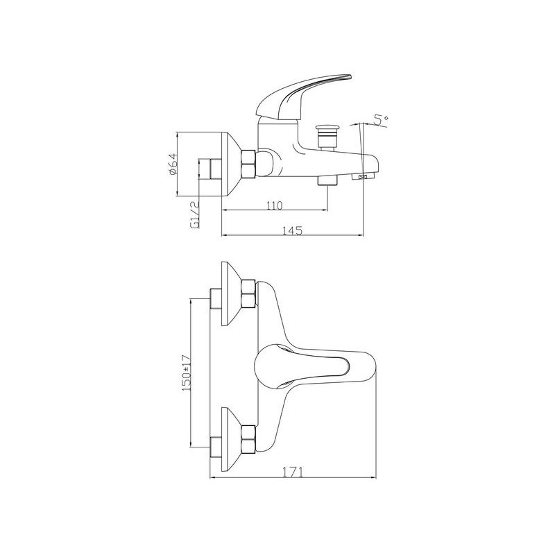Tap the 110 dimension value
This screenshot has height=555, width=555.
(x=275, y=206)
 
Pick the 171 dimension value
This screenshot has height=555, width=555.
(x=294, y=472)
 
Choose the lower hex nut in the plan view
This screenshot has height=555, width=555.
(x=247, y=441)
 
